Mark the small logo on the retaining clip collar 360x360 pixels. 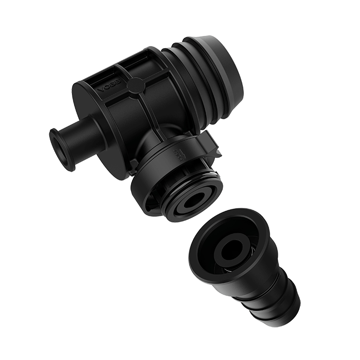[178, 152]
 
